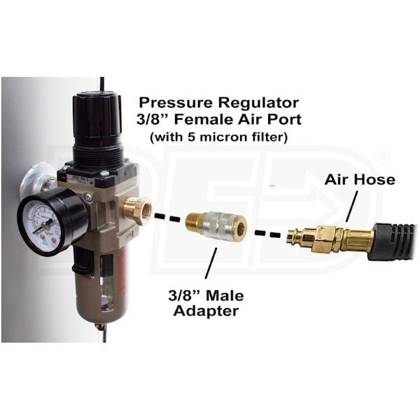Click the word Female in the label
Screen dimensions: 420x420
(204, 119)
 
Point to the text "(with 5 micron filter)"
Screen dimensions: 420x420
(219, 137)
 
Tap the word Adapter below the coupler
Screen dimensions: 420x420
(206, 311)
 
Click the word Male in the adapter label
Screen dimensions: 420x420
(225, 295)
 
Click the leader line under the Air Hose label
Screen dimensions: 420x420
(351, 206)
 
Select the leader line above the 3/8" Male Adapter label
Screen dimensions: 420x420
(211, 263)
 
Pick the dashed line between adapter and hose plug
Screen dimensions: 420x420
(268, 234)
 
